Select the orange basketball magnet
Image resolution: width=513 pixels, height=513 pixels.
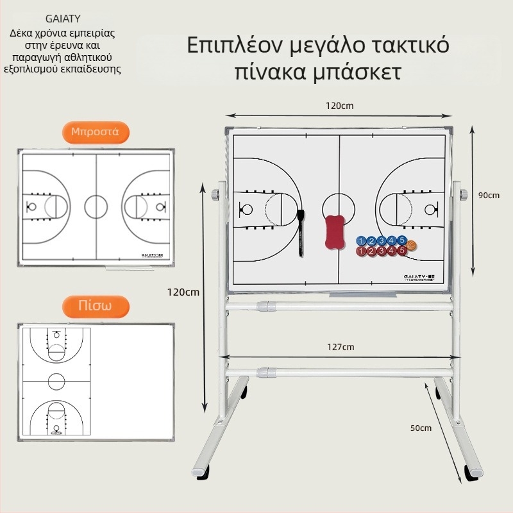pyautogui.click(x=411, y=245)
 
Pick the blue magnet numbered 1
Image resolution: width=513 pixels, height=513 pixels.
pyautogui.click(x=361, y=241)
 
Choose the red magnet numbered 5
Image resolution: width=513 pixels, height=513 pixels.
pyautogui.click(x=401, y=251)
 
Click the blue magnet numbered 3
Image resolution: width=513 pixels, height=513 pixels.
pyautogui.click(x=382, y=241)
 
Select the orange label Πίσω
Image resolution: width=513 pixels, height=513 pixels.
pyautogui.click(x=96, y=305)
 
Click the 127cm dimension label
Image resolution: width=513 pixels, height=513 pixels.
pyautogui.click(x=340, y=347)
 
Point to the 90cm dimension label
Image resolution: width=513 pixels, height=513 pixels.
pyautogui.click(x=489, y=195)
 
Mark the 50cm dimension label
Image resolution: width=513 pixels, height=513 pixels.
pyautogui.click(x=421, y=428)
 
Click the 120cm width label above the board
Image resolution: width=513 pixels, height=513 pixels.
pyautogui.click(x=339, y=106)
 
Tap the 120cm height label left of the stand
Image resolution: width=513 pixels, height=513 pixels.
pyautogui.click(x=183, y=292)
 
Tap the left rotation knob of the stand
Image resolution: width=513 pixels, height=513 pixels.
pyautogui.click(x=215, y=195)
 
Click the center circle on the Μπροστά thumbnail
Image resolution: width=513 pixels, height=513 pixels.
pyautogui.click(x=96, y=206)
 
